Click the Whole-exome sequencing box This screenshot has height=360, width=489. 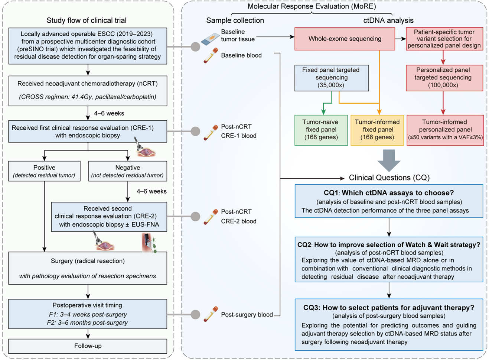click(345, 39)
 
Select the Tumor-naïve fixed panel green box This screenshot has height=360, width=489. click(321, 130)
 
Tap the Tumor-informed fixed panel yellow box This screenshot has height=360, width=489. click(377, 130)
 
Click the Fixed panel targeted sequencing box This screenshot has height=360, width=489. click(331, 78)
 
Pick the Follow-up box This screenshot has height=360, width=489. click(88, 346)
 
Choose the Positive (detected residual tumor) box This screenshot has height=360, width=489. click(44, 171)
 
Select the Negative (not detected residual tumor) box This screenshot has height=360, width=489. click(127, 171)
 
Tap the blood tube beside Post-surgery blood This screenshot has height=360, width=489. click(211, 314)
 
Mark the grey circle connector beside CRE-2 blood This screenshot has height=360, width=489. click(195, 217)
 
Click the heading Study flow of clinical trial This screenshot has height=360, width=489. click(87, 20)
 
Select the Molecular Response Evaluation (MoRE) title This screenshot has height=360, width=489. click(312, 6)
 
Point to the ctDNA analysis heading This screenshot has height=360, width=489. click(388, 20)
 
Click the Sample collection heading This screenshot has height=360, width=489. click(235, 20)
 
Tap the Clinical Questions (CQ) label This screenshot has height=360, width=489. click(389, 178)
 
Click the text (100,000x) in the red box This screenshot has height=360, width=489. click(443, 85)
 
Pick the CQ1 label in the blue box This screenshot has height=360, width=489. click(331, 193)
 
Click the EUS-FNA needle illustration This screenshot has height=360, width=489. click(149, 243)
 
